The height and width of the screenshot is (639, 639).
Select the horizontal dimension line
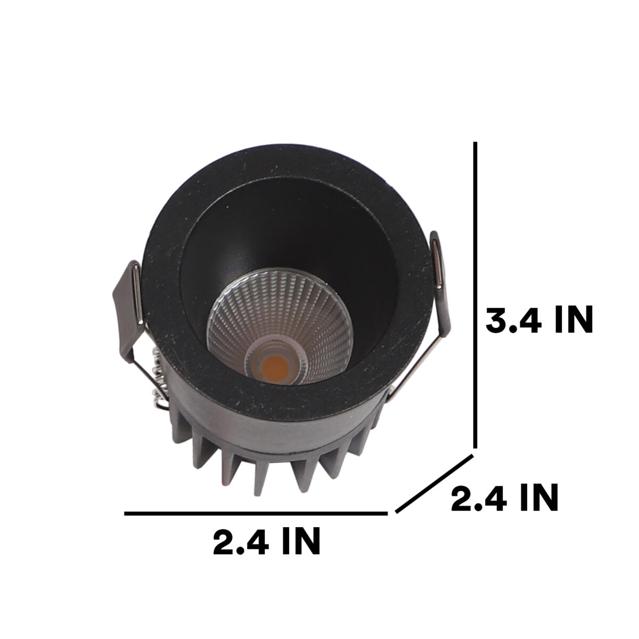256,514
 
